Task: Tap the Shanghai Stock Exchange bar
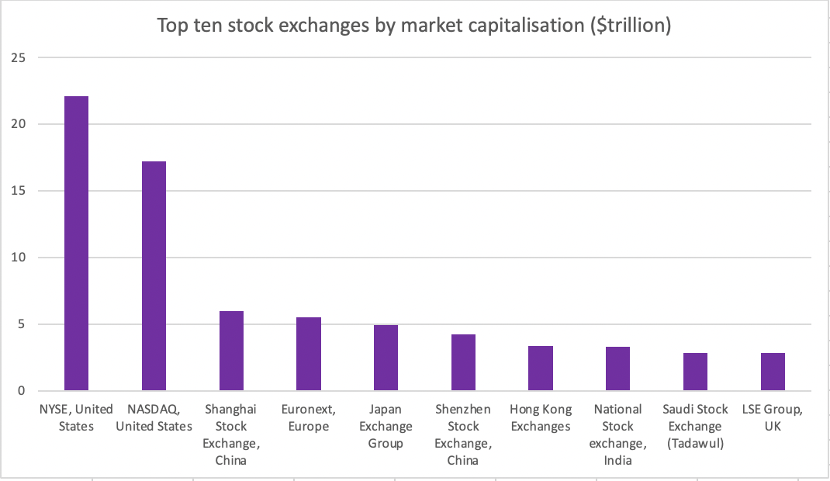[x=231, y=351]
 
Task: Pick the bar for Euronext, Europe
[x=309, y=354]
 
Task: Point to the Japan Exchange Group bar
[x=386, y=358]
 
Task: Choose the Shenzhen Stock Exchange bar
[x=463, y=362]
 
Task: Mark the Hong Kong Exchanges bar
[x=541, y=368]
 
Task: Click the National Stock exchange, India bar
[x=617, y=369]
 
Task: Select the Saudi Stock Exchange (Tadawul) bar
[x=695, y=372]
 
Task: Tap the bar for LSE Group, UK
[x=773, y=372]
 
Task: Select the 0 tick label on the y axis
[x=22, y=391]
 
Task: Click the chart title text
[x=414, y=25]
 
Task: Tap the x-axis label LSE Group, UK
[x=773, y=417]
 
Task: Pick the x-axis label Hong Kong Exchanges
[x=541, y=417]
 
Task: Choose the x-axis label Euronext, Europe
[x=309, y=417]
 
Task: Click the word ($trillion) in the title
[x=628, y=25]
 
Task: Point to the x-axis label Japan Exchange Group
[x=386, y=426]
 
